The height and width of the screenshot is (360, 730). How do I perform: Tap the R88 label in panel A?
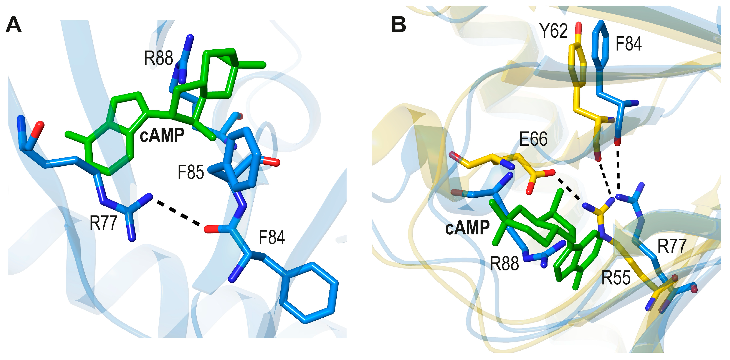[158, 58]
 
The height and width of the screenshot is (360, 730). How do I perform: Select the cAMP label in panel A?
[162, 135]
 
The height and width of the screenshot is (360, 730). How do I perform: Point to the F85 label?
[191, 172]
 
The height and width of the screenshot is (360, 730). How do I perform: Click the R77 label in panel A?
[103, 223]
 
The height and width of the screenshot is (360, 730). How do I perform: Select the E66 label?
[533, 139]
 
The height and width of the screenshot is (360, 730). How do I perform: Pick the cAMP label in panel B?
[467, 228]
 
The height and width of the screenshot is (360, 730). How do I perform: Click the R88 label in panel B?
[504, 263]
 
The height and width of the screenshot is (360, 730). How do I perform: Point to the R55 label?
[616, 278]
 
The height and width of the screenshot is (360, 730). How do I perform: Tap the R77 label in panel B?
[672, 246]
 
